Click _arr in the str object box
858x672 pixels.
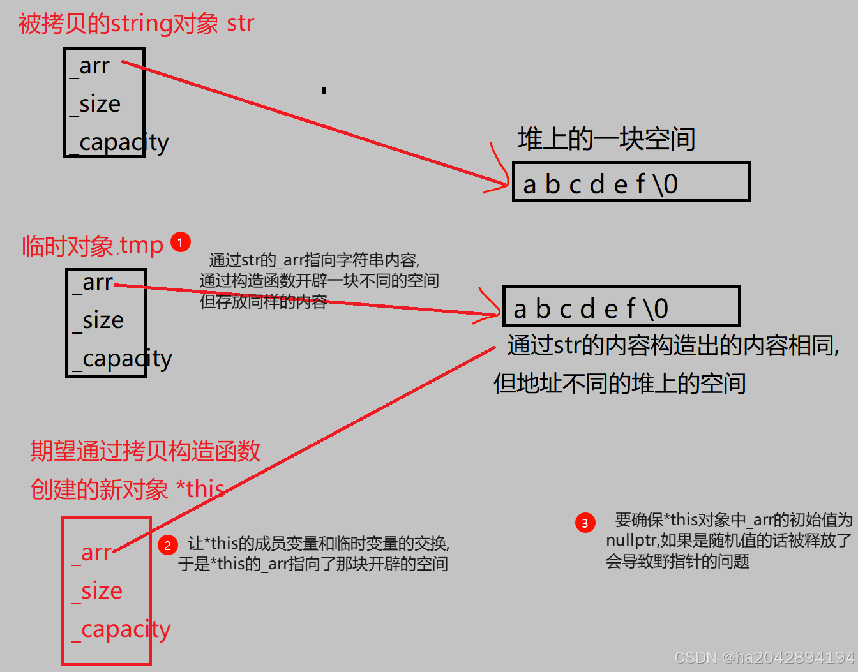pos(91,66)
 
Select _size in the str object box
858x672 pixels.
pos(95,104)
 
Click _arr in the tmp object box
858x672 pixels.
pos(93,283)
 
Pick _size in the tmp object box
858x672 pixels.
pos(98,320)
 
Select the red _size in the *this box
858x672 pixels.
pos(97,592)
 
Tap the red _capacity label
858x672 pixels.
pos(121,630)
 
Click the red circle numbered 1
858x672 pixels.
pos(181,243)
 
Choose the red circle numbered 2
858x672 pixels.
pos(167,545)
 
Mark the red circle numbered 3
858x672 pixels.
pos(585,523)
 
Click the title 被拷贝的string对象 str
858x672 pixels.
pos(136,24)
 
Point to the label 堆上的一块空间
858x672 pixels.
pos(606,139)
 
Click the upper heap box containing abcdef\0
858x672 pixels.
pos(631,183)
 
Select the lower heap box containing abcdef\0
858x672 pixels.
pos(621,307)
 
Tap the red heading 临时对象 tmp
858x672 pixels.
pos(93,246)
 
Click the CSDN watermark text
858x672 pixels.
pos(764,657)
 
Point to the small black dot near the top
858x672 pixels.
pos(324,91)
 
